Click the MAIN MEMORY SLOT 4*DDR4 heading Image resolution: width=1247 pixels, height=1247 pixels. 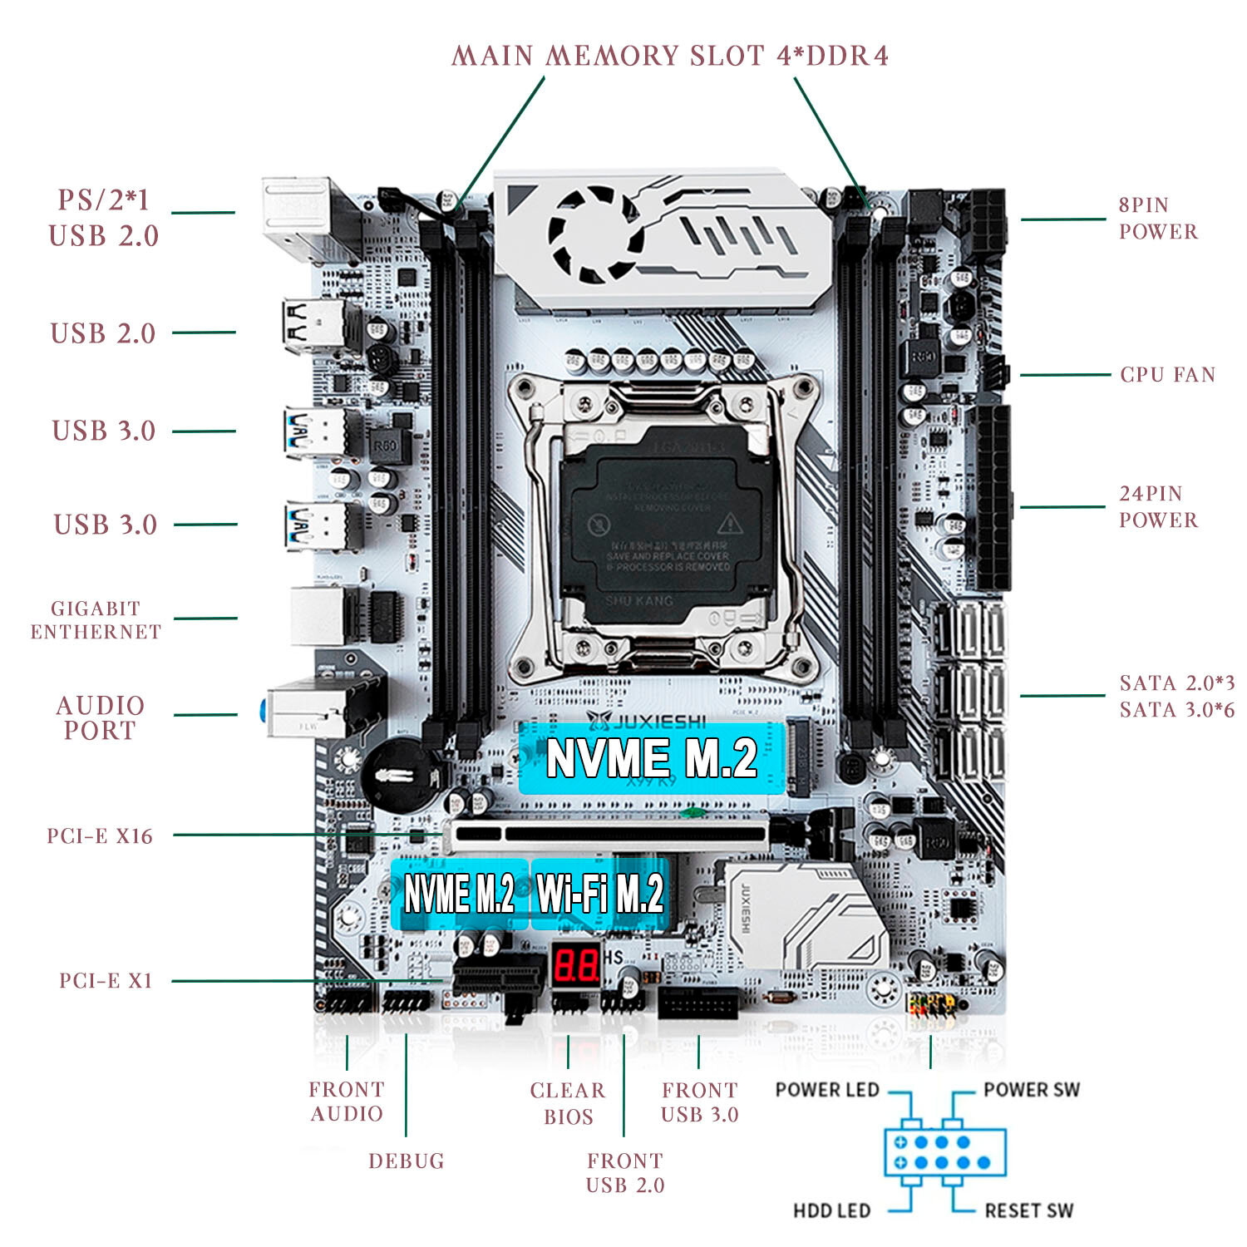point(670,56)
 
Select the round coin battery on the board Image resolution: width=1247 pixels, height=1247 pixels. point(401,773)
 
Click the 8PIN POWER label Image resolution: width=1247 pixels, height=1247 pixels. point(1157,218)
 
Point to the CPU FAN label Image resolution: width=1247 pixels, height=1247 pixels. point(1167,375)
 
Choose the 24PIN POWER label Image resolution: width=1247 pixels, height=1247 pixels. point(1157,506)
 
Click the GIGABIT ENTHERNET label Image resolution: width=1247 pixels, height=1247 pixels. point(96,620)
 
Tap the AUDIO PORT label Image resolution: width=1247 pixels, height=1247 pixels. point(100,717)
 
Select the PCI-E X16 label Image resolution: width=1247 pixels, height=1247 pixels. point(100,836)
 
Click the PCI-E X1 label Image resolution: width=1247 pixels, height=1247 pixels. point(106,981)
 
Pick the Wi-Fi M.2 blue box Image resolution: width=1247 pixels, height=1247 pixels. point(600,895)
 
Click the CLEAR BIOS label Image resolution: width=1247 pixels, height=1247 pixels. point(568,1103)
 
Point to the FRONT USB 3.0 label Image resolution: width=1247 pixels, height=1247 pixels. point(699,1102)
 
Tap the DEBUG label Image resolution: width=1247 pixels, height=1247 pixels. point(406,1161)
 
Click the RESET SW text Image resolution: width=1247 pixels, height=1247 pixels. point(1028,1210)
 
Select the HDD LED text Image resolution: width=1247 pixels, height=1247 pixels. point(831,1210)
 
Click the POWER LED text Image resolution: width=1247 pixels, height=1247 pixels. point(827,1089)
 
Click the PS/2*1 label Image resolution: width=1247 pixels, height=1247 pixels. point(103,200)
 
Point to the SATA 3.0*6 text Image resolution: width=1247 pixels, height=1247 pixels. point(1176,710)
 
